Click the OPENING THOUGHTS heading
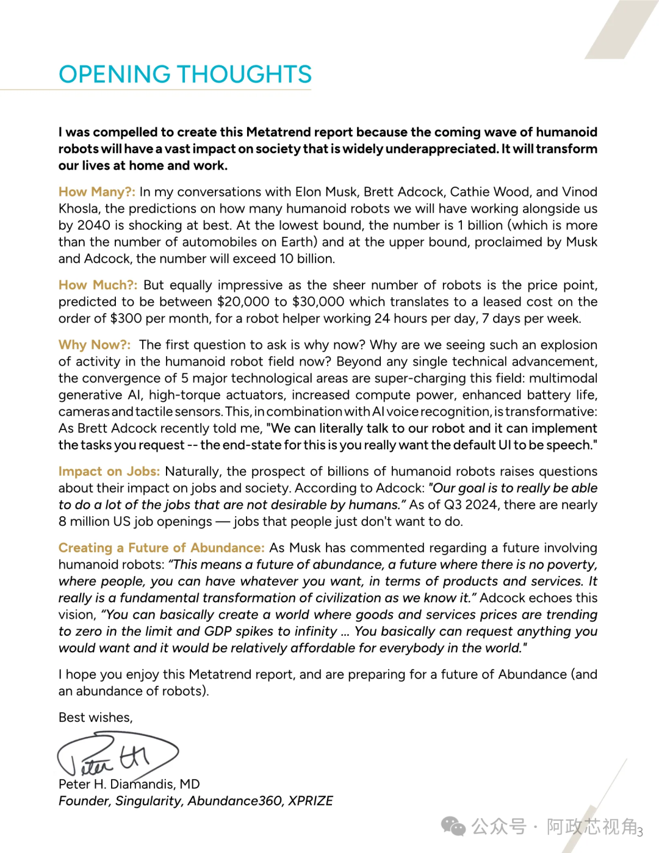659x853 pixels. (x=185, y=74)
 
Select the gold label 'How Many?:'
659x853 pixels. (x=96, y=192)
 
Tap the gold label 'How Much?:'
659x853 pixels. (x=98, y=285)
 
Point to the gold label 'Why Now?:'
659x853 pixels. (x=95, y=345)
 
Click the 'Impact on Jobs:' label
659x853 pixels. (x=109, y=471)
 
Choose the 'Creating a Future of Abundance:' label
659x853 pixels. (x=161, y=548)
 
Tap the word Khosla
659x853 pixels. (x=79, y=209)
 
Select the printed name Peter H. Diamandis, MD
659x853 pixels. (x=129, y=784)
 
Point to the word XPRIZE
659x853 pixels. (x=311, y=801)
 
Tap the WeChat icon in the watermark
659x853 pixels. (x=453, y=827)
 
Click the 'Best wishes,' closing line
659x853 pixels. (x=95, y=718)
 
